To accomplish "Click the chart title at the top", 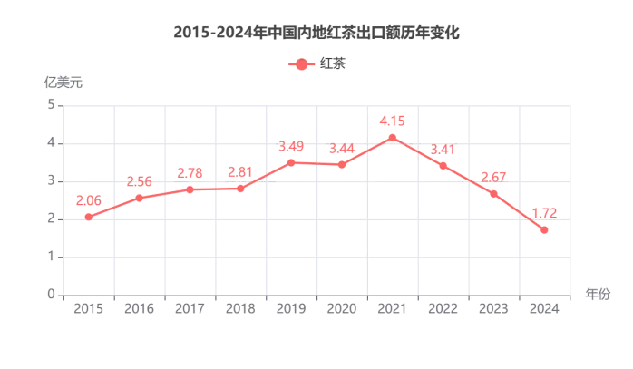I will click(x=316, y=33).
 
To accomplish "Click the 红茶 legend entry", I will click(x=317, y=63).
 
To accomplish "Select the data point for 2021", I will click(x=392, y=138).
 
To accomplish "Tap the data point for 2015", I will click(x=88, y=217).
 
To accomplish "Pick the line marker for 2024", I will click(x=544, y=230).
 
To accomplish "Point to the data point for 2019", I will click(x=291, y=162).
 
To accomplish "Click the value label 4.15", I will click(x=392, y=121).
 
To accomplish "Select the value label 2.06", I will click(x=88, y=200).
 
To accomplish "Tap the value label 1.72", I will click(x=544, y=214).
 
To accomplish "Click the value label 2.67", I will click(x=493, y=177).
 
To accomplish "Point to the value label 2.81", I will click(x=240, y=171).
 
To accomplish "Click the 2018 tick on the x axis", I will click(x=240, y=309).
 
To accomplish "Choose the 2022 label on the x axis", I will click(x=443, y=309).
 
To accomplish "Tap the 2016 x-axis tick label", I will click(x=139, y=309).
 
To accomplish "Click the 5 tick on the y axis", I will click(x=51, y=105).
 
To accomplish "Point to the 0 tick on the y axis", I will click(x=51, y=295).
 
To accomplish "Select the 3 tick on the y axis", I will click(x=51, y=181).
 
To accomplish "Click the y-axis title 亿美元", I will click(x=63, y=82).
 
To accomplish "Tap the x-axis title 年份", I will click(x=598, y=294).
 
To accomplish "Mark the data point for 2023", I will click(x=493, y=194).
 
